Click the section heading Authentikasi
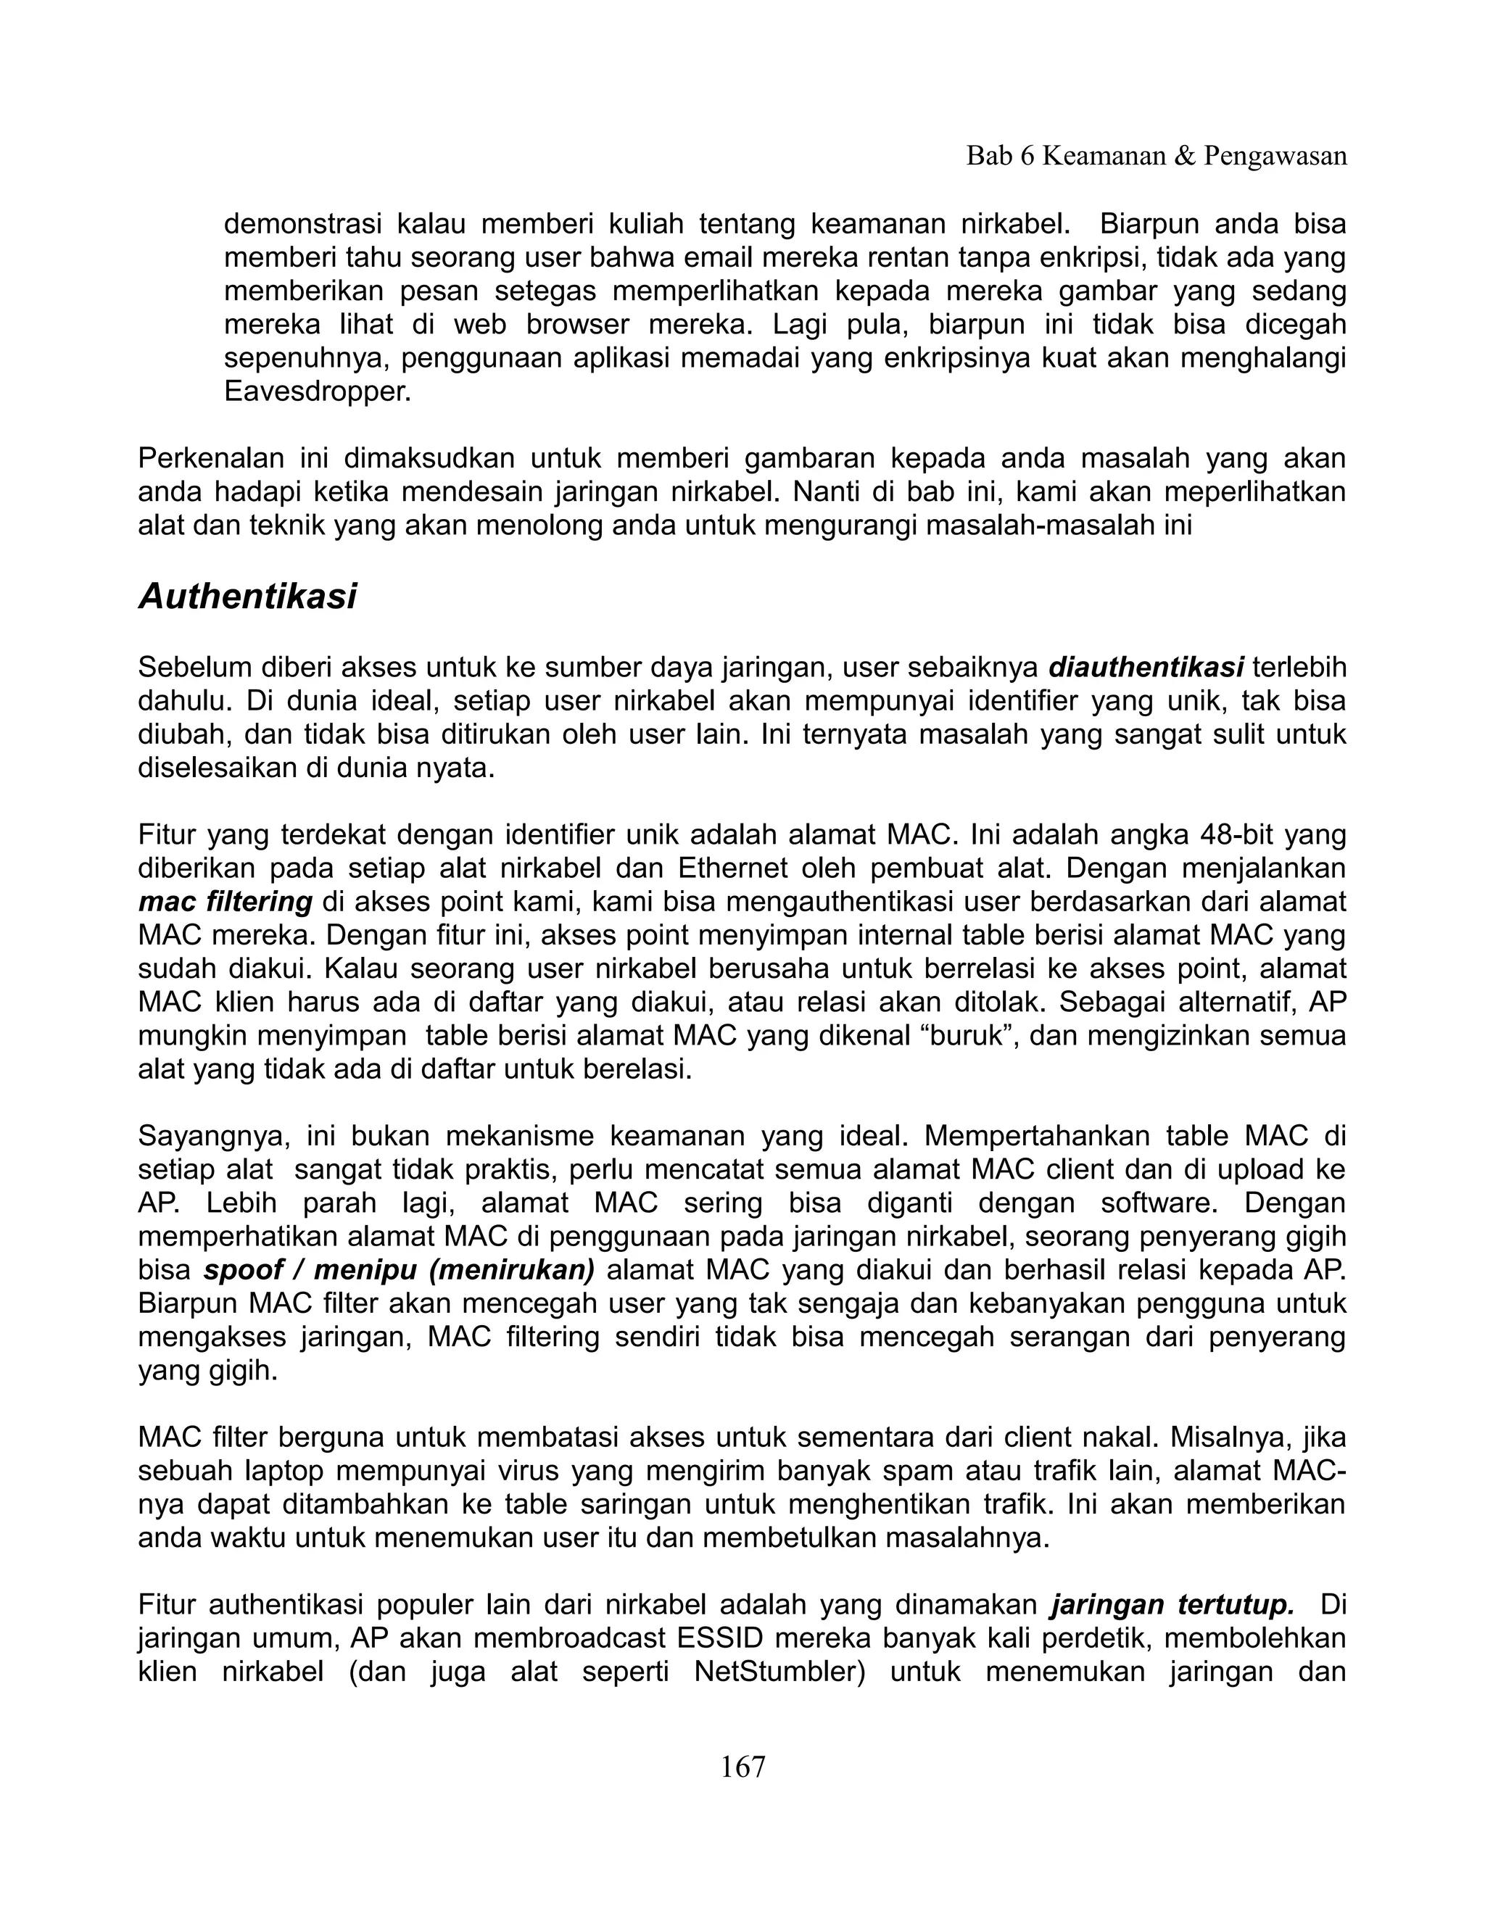tap(247, 597)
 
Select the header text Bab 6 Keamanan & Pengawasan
tap(1156, 157)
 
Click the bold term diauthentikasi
tap(1146, 668)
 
